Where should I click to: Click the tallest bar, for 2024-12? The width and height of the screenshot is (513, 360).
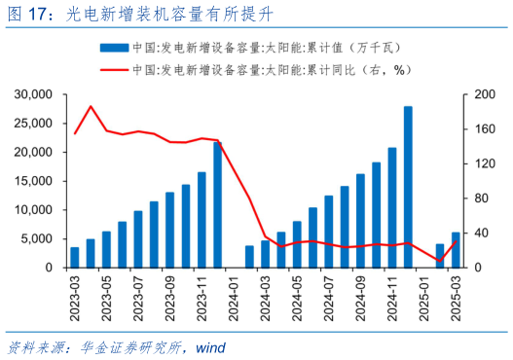408,187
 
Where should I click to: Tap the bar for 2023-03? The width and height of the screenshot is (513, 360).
75,257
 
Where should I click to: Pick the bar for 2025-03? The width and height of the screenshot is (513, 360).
456,250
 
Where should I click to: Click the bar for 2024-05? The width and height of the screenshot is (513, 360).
281,250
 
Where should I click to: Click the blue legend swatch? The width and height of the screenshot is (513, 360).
114,47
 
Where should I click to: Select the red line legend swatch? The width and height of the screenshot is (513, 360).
114,69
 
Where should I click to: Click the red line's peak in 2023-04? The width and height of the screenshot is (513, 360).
91,106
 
